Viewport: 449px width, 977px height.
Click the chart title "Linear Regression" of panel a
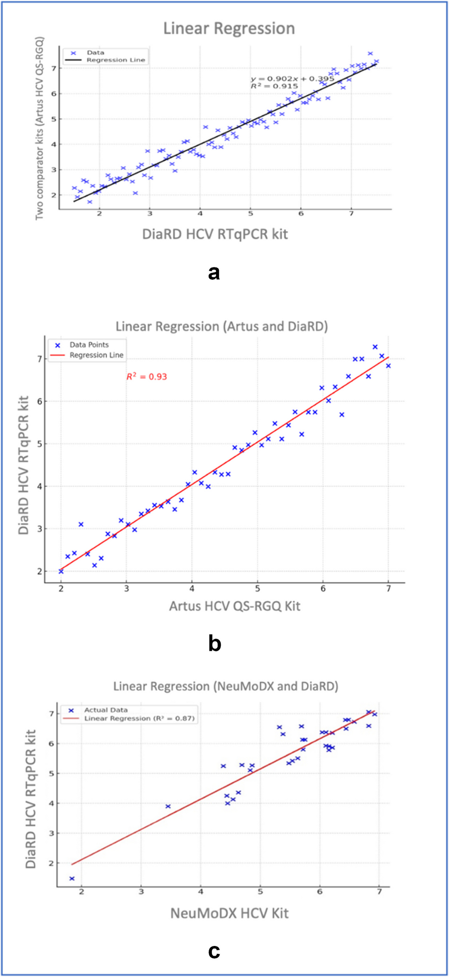[229, 29]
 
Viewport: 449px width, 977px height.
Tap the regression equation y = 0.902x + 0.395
[292, 79]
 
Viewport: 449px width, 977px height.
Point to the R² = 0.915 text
[275, 86]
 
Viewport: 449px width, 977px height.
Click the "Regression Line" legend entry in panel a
[115, 60]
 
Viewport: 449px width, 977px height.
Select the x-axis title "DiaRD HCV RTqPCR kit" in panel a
[215, 234]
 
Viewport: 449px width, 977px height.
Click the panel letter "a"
[214, 273]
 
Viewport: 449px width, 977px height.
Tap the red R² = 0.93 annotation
[147, 377]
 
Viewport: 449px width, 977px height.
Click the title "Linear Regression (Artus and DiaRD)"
[222, 327]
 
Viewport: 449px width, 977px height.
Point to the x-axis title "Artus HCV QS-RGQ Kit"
[235, 606]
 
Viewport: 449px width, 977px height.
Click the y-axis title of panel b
[24, 465]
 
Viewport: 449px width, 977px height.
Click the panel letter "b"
[214, 643]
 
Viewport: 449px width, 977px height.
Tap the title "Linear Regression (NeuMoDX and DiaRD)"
[226, 687]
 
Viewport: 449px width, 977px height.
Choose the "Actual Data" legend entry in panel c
[106, 710]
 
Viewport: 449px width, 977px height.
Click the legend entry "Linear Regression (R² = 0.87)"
[139, 719]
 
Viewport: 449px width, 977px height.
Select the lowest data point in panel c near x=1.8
[72, 879]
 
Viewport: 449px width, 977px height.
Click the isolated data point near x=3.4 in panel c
[168, 807]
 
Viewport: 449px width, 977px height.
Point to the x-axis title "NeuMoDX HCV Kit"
[230, 914]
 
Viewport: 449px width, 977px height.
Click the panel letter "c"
[214, 952]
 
